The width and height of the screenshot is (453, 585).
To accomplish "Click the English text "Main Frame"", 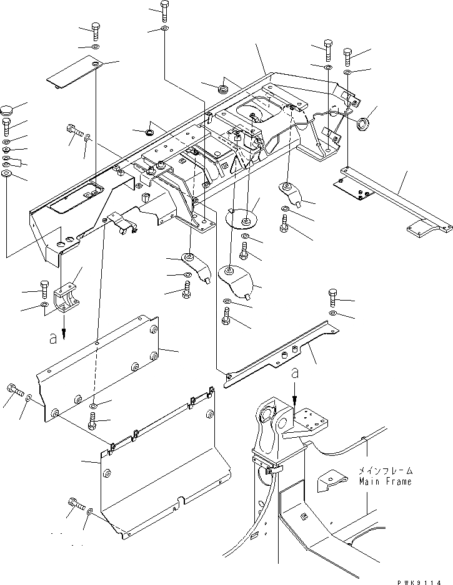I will pyautogui.click(x=385, y=482).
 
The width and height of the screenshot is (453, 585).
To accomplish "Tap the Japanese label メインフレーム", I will pyautogui.click(x=385, y=471).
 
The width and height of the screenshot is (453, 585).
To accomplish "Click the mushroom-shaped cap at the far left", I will pyautogui.click(x=7, y=111).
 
